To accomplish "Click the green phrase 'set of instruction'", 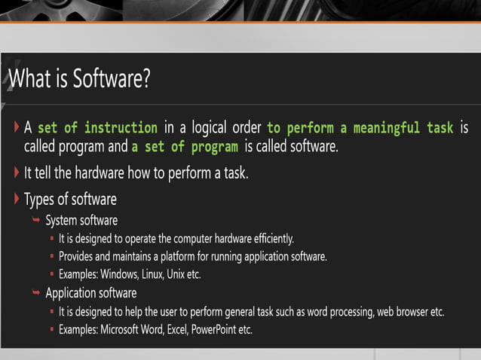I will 97,127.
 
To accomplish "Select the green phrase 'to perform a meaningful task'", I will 360,127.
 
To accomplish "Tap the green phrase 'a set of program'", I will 185,146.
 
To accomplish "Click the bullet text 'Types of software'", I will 70,200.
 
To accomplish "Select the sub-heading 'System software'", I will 81,221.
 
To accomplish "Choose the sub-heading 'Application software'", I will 90,293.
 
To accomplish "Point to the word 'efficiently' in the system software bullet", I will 269,239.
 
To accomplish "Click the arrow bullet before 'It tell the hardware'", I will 17,172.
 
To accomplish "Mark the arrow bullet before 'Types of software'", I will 17,199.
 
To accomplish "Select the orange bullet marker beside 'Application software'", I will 35,293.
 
